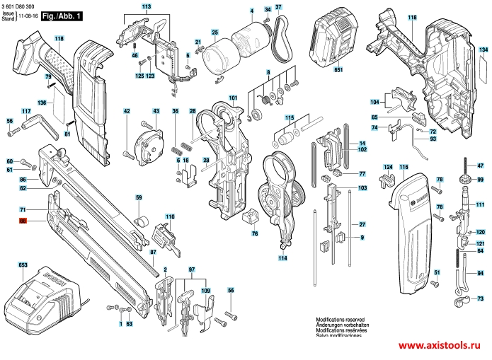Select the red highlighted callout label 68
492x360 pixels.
click(x=23, y=221)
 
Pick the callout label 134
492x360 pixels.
click(x=483, y=50)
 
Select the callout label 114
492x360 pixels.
click(x=282, y=258)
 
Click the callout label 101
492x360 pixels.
click(x=233, y=97)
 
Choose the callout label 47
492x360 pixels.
click(x=481, y=165)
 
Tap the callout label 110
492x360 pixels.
click(x=170, y=216)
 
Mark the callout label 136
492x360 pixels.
click(x=42, y=103)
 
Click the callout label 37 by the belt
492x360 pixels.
click(x=278, y=7)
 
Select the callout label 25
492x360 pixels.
click(x=215, y=32)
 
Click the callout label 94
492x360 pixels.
click(x=481, y=273)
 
